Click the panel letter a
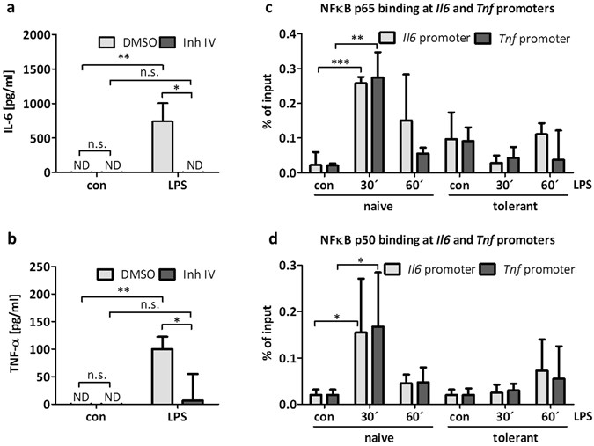7,8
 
